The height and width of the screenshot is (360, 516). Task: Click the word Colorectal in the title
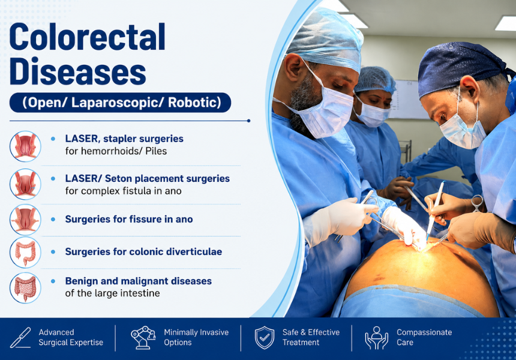[88, 37]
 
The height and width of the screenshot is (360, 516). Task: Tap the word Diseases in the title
[78, 71]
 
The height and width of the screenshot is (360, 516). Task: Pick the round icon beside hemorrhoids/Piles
[25, 146]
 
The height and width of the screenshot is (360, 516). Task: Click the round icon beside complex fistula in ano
[25, 184]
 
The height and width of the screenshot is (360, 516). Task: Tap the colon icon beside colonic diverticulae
[25, 253]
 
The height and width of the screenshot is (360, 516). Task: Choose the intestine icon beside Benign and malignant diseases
[25, 288]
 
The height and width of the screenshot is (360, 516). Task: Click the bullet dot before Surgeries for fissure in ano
[53, 220]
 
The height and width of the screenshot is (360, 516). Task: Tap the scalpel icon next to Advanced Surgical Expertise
[20, 338]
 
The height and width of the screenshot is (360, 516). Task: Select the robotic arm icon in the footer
[143, 338]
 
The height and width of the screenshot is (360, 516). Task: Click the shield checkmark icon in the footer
[264, 338]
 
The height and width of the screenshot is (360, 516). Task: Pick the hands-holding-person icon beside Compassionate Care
[376, 338]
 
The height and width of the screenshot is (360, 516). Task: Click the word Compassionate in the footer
[424, 332]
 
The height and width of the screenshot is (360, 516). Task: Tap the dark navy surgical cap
[461, 66]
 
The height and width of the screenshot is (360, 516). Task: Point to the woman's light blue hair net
[375, 79]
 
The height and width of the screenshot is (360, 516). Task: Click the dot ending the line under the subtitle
[248, 121]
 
